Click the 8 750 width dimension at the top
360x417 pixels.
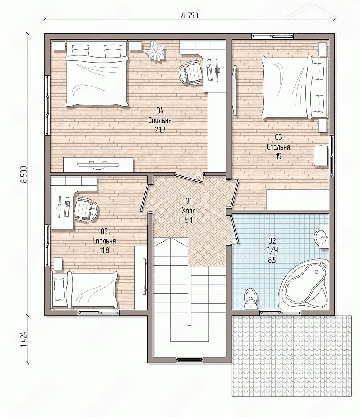coord(190,15)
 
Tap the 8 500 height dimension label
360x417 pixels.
coord(24,174)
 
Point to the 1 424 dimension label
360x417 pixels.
coord(24,339)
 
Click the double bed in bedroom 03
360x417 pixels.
coord(294,87)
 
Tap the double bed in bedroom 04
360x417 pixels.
coord(97,74)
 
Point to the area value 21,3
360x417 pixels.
coord(160,130)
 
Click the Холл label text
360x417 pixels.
coord(189,211)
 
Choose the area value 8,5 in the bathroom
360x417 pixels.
coord(272,260)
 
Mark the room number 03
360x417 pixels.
coord(278,137)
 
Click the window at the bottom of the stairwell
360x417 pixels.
coord(190,360)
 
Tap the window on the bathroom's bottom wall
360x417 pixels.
coord(281,313)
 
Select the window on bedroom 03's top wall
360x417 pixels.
coord(273,36)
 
